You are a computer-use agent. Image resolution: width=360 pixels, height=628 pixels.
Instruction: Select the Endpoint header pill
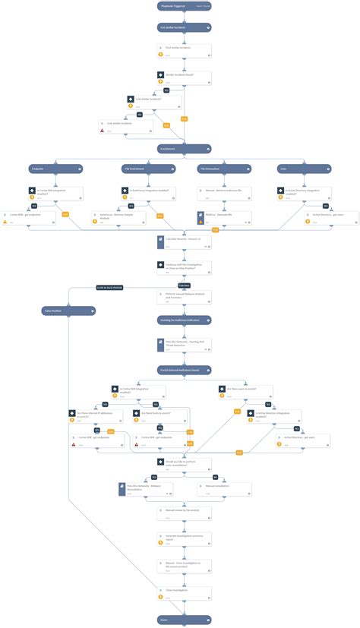coord(48,169)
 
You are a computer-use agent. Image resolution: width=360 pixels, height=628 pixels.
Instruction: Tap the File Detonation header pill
coord(226,169)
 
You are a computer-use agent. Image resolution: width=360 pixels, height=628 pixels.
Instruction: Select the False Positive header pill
coord(68,311)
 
